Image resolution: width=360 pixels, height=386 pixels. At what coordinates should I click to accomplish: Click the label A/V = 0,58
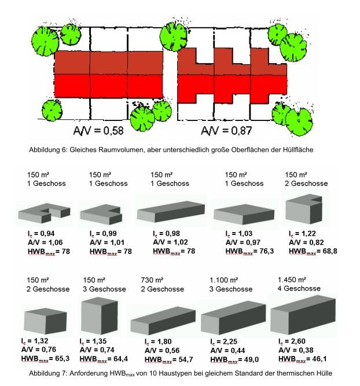(98, 130)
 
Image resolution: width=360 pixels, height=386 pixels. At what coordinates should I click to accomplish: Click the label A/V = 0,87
(226, 130)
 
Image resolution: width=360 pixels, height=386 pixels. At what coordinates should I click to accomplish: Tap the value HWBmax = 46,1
(302, 359)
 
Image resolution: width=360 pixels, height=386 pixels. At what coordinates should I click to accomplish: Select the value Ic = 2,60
(292, 341)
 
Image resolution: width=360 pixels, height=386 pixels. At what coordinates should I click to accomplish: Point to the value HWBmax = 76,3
(249, 251)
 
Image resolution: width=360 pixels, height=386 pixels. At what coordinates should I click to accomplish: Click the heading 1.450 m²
(292, 280)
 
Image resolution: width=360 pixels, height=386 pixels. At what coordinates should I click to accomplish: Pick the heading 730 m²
(152, 280)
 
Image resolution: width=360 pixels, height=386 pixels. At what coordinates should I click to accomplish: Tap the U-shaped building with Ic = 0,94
(45, 213)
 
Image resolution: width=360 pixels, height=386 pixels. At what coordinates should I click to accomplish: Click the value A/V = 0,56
(162, 350)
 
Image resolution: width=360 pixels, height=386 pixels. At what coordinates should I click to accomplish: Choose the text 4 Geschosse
(299, 289)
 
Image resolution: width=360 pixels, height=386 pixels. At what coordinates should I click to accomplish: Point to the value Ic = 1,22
(302, 233)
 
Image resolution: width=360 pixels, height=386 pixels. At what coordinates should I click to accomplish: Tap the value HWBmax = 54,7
(168, 359)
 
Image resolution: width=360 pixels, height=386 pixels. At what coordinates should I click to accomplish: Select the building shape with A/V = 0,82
(304, 209)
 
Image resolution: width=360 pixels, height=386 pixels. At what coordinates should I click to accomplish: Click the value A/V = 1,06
(45, 242)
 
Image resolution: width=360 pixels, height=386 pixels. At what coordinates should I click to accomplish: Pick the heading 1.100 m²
(223, 280)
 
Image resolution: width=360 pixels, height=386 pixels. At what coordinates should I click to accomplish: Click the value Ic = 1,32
(35, 341)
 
